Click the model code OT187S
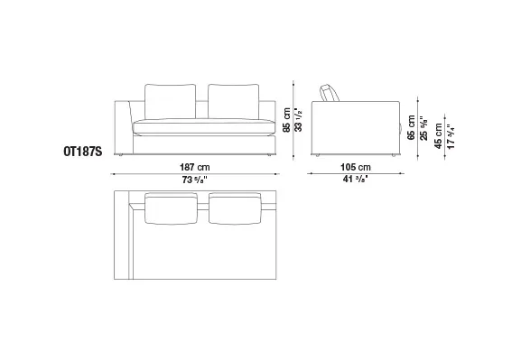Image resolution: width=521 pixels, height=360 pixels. point(83,152)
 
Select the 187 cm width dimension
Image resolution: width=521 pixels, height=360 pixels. point(195,167)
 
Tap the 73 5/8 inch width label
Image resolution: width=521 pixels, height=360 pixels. point(195,180)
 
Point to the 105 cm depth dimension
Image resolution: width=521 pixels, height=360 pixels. point(356,167)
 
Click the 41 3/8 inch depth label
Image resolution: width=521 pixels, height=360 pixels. point(356,180)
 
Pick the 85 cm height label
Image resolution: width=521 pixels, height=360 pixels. point(286,120)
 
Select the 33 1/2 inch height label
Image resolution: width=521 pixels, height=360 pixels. point(298,120)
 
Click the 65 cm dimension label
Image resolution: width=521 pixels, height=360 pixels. point(411,127)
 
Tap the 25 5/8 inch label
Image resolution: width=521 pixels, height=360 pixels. point(423,128)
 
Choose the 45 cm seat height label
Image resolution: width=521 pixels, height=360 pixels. point(438,136)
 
